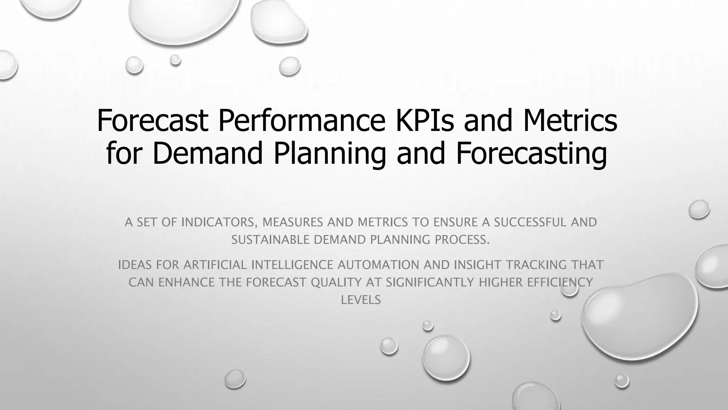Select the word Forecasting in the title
(x=532, y=153)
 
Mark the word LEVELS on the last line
(x=361, y=300)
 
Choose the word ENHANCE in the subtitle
(x=186, y=283)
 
